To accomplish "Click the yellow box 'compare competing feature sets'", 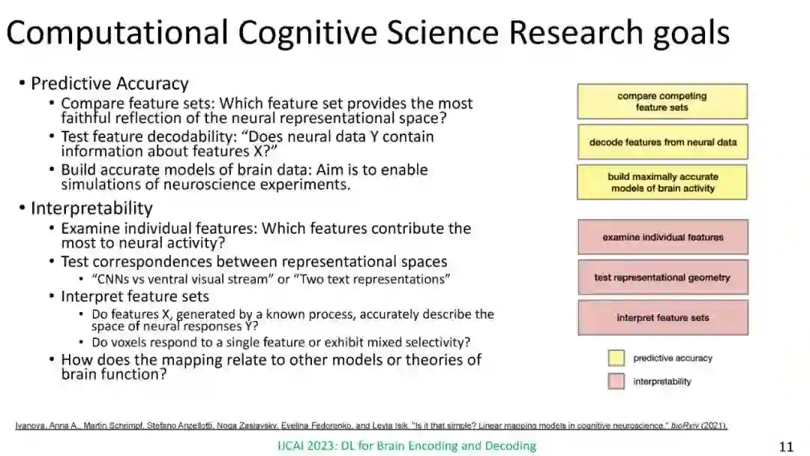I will [662, 101].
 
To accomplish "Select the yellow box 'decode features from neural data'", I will [662, 142].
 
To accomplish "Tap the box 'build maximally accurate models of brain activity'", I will [662, 182].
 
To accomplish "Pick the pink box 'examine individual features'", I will [662, 237].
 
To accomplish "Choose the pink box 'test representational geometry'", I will [662, 277].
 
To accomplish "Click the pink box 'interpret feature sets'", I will [662, 317].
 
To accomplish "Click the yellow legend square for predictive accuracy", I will [616, 358].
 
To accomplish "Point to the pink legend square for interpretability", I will [616, 381].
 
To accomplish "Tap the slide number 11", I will [786, 447].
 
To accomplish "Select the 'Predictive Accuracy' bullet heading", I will [109, 83].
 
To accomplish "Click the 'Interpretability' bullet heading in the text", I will [91, 208].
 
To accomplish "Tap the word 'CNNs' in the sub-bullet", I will [116, 279].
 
